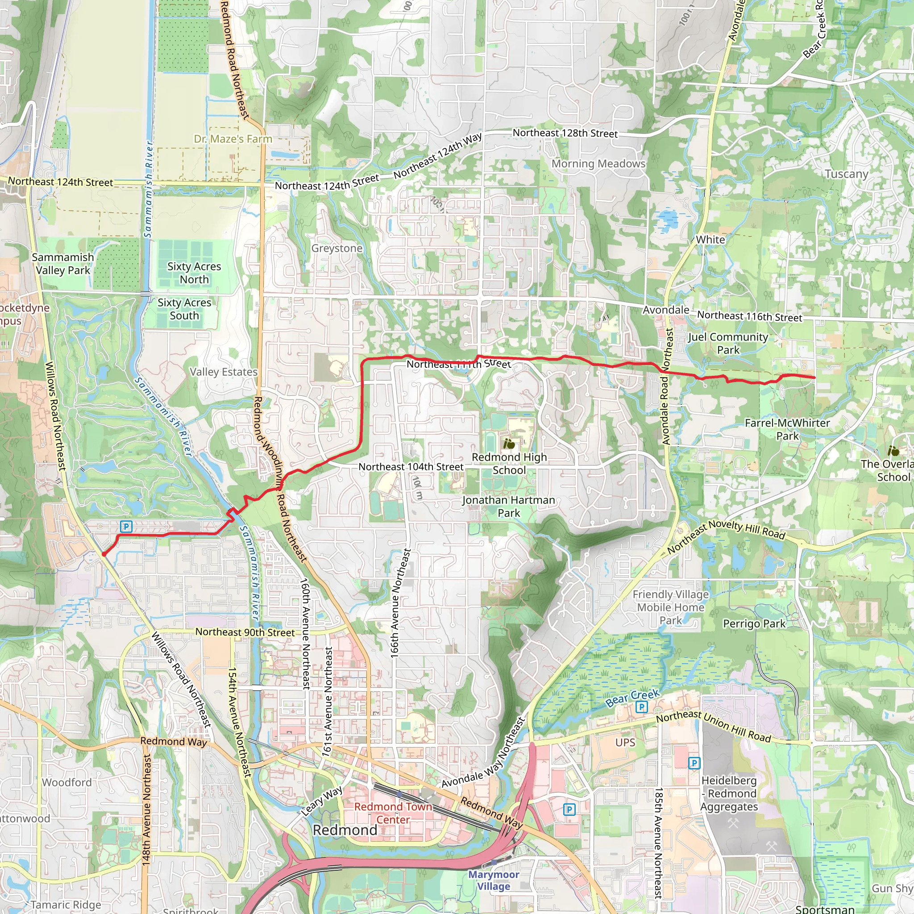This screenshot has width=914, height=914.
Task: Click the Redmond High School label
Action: (x=509, y=464)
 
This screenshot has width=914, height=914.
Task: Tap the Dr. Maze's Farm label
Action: (x=233, y=139)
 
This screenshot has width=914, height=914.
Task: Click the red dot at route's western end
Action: (x=104, y=554)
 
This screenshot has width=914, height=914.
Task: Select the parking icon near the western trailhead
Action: (x=125, y=526)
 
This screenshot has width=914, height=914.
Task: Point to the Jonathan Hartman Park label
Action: (x=509, y=506)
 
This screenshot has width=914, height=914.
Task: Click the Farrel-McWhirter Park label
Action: (x=787, y=429)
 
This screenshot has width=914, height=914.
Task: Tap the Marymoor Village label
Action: (x=494, y=881)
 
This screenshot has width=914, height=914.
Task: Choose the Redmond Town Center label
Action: (x=393, y=813)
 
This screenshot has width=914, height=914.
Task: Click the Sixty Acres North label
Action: (x=194, y=273)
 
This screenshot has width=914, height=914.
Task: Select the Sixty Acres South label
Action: (x=184, y=309)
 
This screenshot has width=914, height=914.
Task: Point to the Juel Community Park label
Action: (x=728, y=343)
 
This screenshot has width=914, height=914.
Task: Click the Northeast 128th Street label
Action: (x=565, y=133)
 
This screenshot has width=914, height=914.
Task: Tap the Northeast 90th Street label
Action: (x=245, y=632)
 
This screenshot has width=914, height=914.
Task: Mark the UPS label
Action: (x=625, y=742)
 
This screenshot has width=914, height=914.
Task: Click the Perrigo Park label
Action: (x=754, y=623)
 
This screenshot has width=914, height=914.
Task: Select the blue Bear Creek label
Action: (x=632, y=698)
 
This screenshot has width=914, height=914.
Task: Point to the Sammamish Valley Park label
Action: (x=63, y=263)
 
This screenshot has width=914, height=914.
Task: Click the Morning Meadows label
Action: (x=598, y=163)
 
